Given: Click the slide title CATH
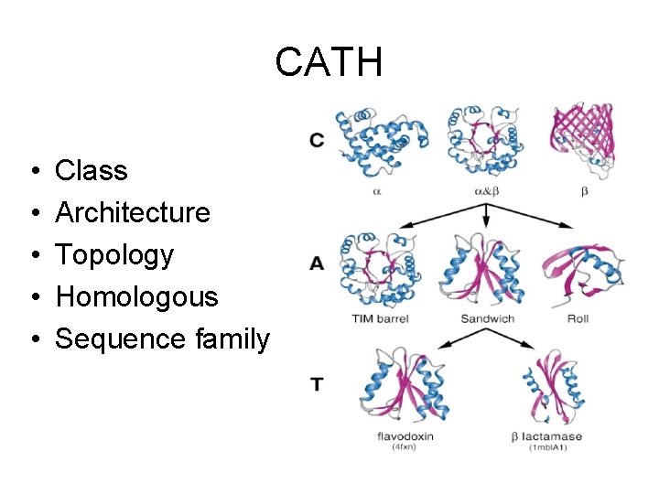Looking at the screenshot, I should pyautogui.click(x=329, y=62).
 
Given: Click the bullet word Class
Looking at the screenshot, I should pyautogui.click(x=92, y=170).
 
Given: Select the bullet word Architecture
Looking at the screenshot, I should pyautogui.click(x=133, y=212).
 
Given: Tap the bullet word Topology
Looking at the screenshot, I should pyautogui.click(x=114, y=255).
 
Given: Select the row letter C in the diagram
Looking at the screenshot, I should pyautogui.click(x=317, y=140).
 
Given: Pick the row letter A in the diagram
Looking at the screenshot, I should pyautogui.click(x=317, y=263).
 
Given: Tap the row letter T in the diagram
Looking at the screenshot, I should pyautogui.click(x=317, y=385).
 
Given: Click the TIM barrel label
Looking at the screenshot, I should pyautogui.click(x=380, y=318).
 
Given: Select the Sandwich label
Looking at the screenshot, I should pyautogui.click(x=487, y=318).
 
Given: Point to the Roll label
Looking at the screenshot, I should pyautogui.click(x=578, y=318).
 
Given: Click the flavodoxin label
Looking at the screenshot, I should pyautogui.click(x=405, y=436).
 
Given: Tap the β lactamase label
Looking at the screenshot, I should pyautogui.click(x=547, y=436).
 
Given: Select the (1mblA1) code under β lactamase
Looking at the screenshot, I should pyautogui.click(x=548, y=447).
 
